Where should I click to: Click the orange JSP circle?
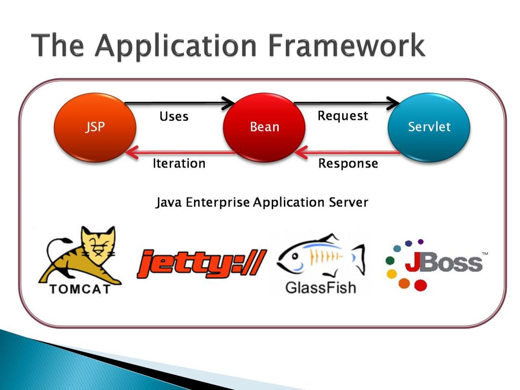pyautogui.click(x=95, y=127)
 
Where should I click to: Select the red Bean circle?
pyautogui.click(x=264, y=127)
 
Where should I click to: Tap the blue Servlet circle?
pyautogui.click(x=429, y=127)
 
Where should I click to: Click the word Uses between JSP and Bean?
pyautogui.click(x=174, y=116)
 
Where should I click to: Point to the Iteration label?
pyautogui.click(x=179, y=164)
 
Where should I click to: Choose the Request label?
pyautogui.click(x=343, y=116)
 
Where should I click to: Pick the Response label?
pyautogui.click(x=348, y=164)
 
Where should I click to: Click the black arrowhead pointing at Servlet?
pyautogui.click(x=394, y=103)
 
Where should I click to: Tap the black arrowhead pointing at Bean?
pyautogui.click(x=229, y=103)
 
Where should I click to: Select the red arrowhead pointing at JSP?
pyautogui.click(x=132, y=152)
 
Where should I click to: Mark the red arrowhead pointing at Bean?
pyautogui.click(x=301, y=152)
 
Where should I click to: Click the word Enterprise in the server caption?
pyautogui.click(x=217, y=202)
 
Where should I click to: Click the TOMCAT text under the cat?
pyautogui.click(x=80, y=289)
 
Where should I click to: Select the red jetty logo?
pyautogui.click(x=202, y=264)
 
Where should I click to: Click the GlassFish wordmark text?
pyautogui.click(x=321, y=287)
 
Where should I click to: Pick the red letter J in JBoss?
pyautogui.click(x=412, y=262)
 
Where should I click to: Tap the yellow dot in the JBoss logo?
pyautogui.click(x=392, y=274)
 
